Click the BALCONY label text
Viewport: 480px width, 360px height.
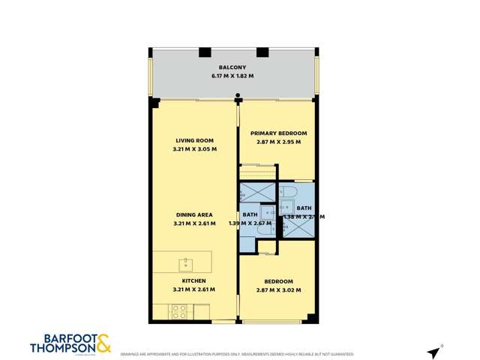(232, 67)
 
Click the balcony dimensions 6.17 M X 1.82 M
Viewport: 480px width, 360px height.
(232, 76)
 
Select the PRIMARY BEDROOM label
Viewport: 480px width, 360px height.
(278, 133)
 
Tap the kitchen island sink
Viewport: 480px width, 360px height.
(184, 263)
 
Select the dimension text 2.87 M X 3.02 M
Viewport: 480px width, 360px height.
(278, 289)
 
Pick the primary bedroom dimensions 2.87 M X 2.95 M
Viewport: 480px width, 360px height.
(278, 142)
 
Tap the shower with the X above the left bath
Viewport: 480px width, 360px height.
(258, 193)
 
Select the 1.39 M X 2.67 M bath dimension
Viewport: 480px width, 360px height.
(250, 223)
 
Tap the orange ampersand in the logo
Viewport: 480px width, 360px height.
(103, 343)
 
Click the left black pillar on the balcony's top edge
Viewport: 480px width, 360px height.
(204, 52)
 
